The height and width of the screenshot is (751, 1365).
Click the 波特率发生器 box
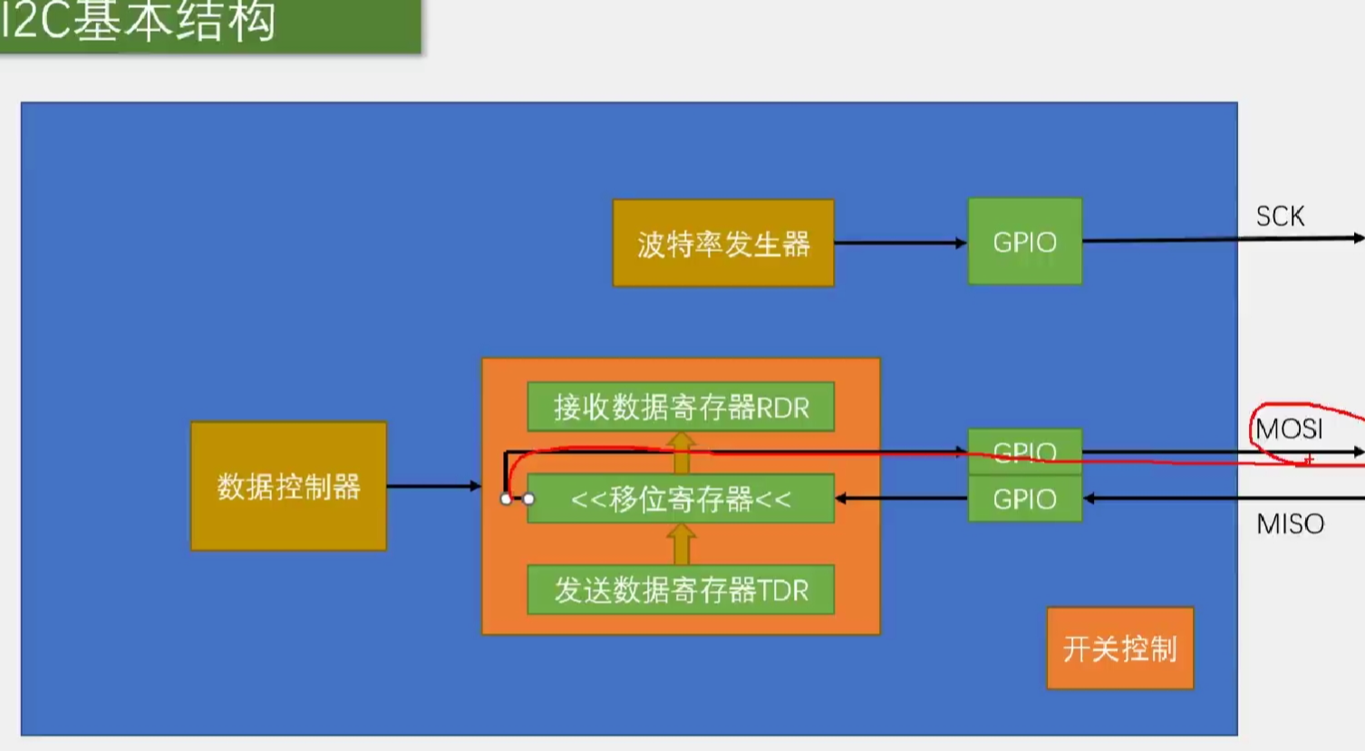point(723,243)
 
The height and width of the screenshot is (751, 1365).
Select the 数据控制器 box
point(288,486)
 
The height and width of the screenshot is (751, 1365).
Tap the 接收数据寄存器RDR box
point(681,407)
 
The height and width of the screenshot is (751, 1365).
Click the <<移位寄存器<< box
point(681,498)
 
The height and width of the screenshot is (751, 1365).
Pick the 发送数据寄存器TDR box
point(681,590)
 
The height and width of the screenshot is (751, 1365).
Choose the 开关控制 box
point(1119,648)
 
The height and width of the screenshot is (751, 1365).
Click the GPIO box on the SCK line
point(1024,242)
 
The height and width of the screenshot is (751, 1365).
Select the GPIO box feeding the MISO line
point(1024,499)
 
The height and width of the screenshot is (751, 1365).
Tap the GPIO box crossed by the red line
point(1024,450)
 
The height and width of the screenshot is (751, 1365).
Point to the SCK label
point(1280,217)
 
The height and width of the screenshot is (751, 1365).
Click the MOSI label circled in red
point(1289,428)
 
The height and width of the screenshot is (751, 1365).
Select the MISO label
point(1290,524)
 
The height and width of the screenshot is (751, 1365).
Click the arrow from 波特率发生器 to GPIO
point(900,243)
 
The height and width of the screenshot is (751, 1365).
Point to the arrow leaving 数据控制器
point(433,486)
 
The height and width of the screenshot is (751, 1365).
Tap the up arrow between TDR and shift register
point(681,544)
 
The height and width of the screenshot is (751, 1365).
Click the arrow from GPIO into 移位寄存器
point(901,498)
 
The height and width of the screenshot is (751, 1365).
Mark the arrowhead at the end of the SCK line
point(1358,238)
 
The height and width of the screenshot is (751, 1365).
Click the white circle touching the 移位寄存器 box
point(528,498)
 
